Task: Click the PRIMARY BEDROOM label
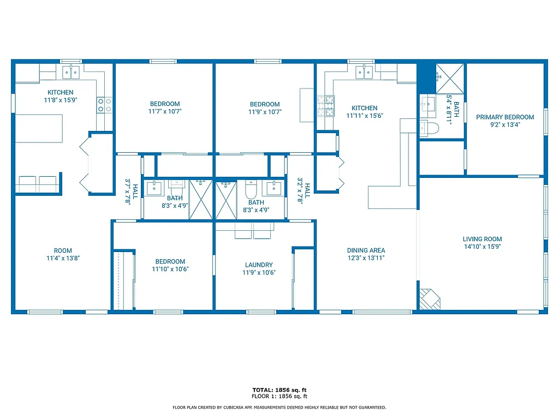[504, 117]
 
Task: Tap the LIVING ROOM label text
[482, 239]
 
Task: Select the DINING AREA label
[366, 250]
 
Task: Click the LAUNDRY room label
[259, 265]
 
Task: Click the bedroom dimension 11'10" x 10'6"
[170, 269]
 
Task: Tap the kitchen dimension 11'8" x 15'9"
[60, 100]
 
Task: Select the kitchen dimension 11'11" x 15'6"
[364, 116]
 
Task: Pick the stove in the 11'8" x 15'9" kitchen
[104, 105]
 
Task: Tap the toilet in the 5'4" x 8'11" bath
[429, 128]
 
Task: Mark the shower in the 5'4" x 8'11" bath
[450, 78]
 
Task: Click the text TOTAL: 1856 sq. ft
[279, 390]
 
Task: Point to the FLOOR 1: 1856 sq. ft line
[279, 396]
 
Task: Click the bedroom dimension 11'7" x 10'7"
[164, 111]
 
